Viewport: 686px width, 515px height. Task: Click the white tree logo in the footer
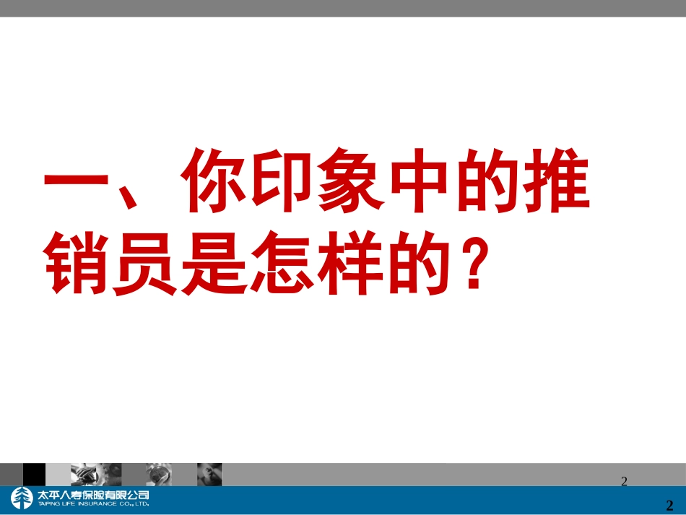point(21,499)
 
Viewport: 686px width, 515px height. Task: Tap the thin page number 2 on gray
point(625,481)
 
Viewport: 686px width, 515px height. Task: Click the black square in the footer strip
point(34,475)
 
